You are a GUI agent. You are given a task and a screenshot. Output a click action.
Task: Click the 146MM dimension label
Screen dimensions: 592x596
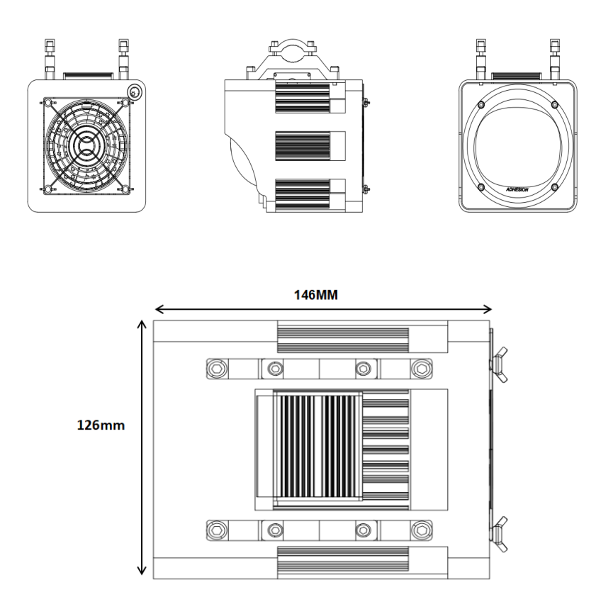316,295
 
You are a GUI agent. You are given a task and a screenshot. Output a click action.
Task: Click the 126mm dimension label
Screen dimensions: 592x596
101,427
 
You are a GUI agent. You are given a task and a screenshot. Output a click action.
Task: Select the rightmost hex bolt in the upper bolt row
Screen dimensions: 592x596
422,368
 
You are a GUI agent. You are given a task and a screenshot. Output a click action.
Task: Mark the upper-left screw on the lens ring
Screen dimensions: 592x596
481,105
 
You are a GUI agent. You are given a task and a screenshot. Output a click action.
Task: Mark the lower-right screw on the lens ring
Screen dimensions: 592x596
554,187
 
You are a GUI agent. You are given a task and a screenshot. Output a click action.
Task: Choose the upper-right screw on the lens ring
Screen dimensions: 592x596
553,105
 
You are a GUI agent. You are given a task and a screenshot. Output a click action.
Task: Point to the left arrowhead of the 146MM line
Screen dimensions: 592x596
157,309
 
